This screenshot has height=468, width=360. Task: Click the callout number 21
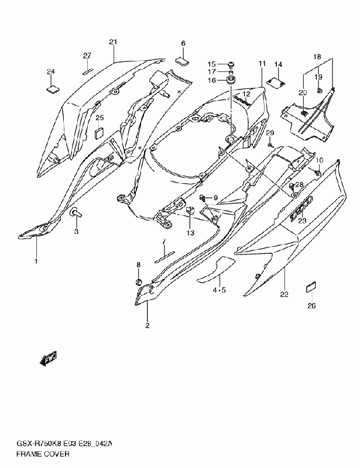(x=113, y=42)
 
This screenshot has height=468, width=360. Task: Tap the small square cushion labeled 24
(x=52, y=89)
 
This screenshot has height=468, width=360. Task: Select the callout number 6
(x=183, y=43)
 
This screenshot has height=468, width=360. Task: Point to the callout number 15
(x=212, y=64)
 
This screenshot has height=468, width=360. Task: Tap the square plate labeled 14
(x=276, y=81)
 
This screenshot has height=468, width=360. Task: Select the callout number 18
(x=317, y=57)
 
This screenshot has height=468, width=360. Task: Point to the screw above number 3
(x=76, y=214)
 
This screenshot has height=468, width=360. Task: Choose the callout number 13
(x=190, y=233)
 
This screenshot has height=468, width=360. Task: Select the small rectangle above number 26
(x=311, y=287)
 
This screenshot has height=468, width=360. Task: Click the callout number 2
(x=148, y=325)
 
